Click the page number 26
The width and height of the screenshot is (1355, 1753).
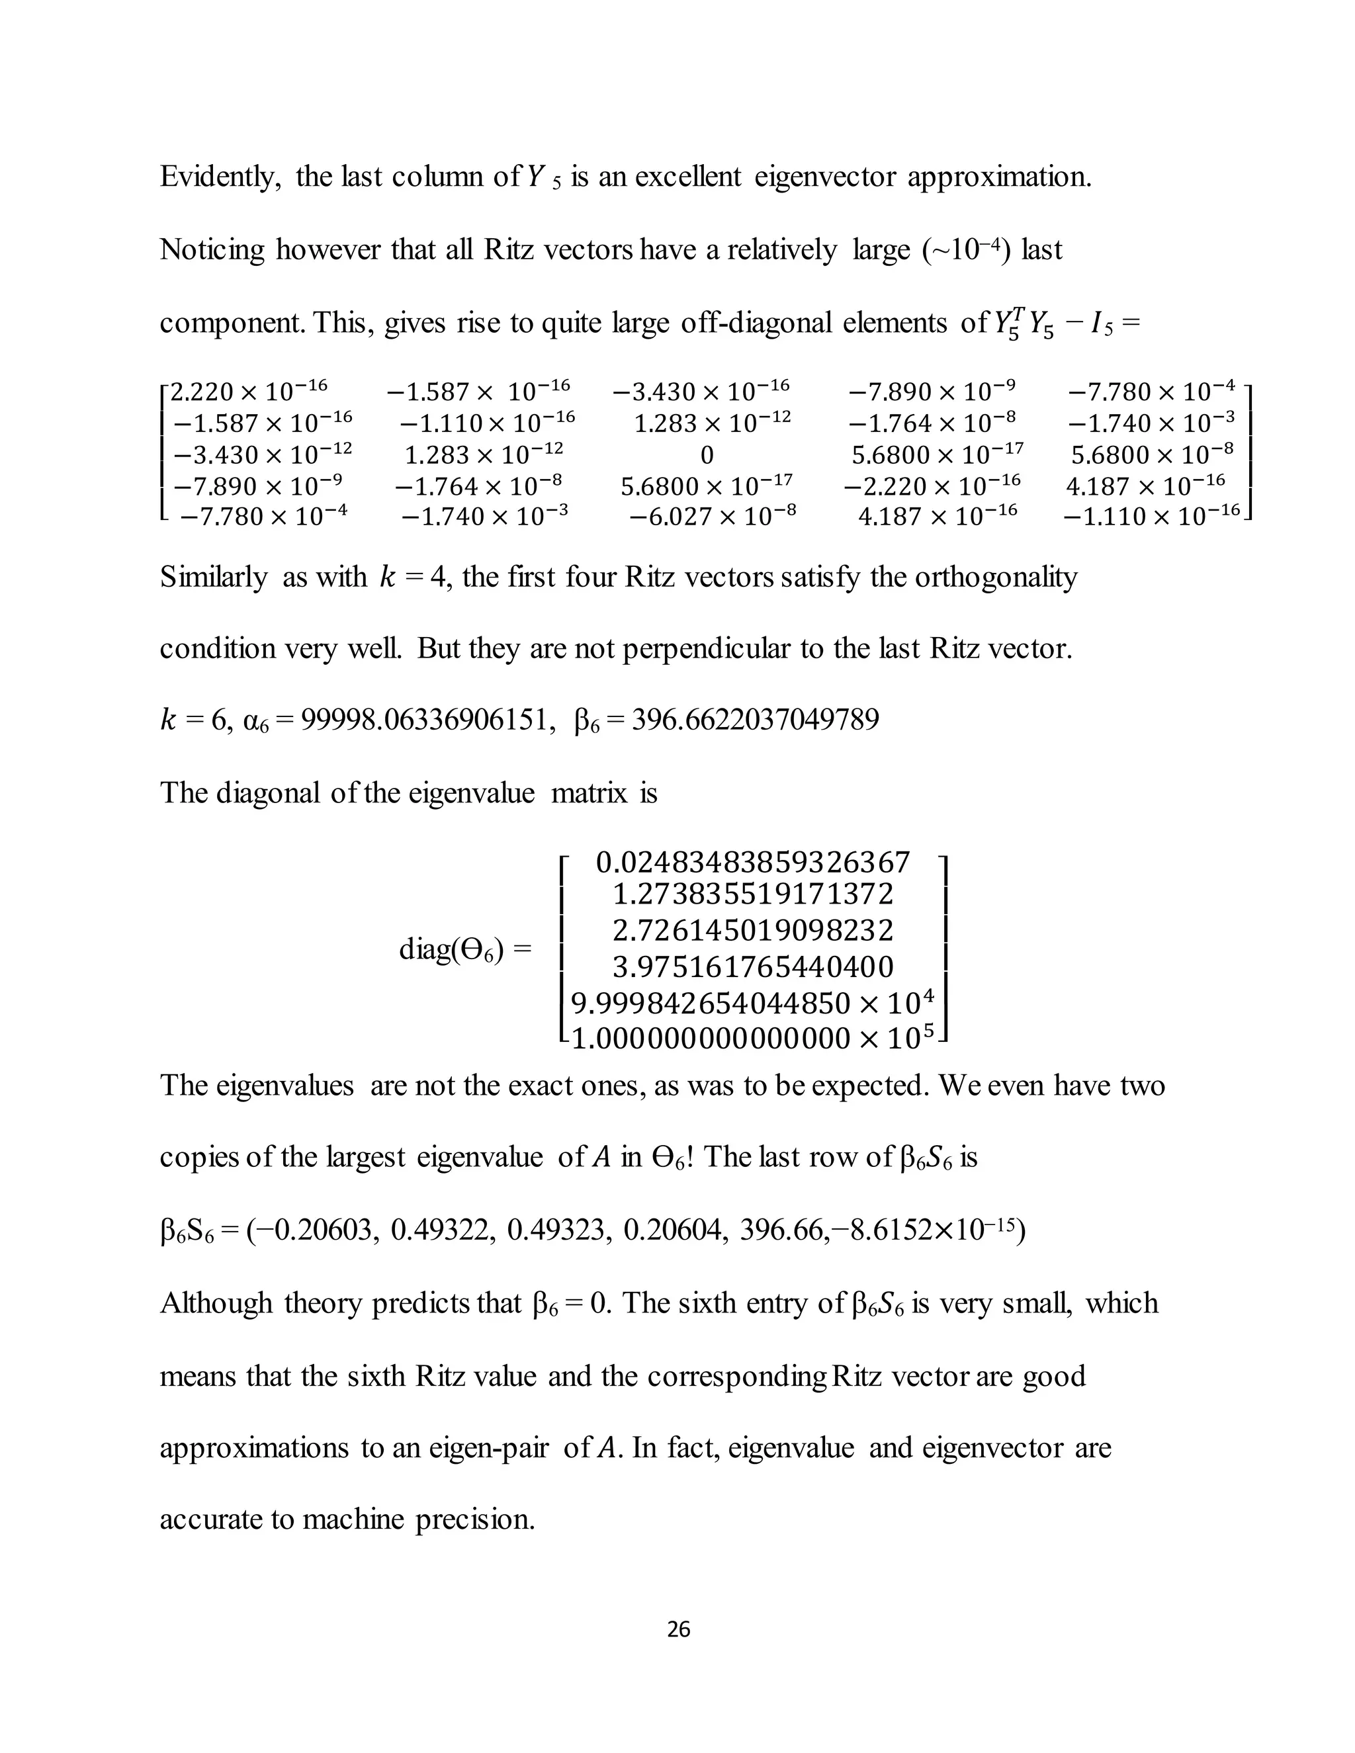click(678, 1629)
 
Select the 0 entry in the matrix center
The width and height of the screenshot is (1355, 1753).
click(707, 456)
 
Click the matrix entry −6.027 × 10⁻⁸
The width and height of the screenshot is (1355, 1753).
click(712, 516)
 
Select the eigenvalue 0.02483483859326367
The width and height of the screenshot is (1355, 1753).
click(753, 863)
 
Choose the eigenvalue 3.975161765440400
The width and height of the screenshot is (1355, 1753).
click(753, 967)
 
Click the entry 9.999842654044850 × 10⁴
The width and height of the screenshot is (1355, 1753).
click(753, 1004)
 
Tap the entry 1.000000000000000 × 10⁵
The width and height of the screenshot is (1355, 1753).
click(753, 1039)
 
